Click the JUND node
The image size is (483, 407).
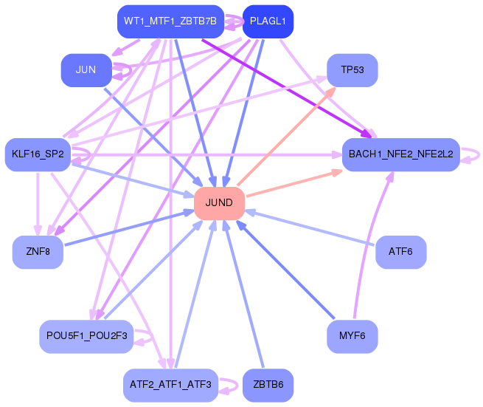(x=219, y=203)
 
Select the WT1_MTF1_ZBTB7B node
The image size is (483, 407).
(x=170, y=21)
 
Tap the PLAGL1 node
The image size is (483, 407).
(x=268, y=21)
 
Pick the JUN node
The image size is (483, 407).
(x=86, y=70)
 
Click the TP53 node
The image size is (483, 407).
(x=352, y=70)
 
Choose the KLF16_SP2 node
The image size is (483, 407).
(x=38, y=154)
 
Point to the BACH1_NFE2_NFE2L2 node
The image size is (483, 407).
(x=400, y=154)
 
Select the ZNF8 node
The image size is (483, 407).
(x=38, y=253)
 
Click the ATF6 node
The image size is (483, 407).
(x=400, y=253)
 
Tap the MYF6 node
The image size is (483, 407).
(x=352, y=337)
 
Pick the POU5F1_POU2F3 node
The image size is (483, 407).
(x=86, y=337)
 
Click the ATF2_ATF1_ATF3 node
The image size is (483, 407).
(x=170, y=385)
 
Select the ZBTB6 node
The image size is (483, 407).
(x=268, y=385)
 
